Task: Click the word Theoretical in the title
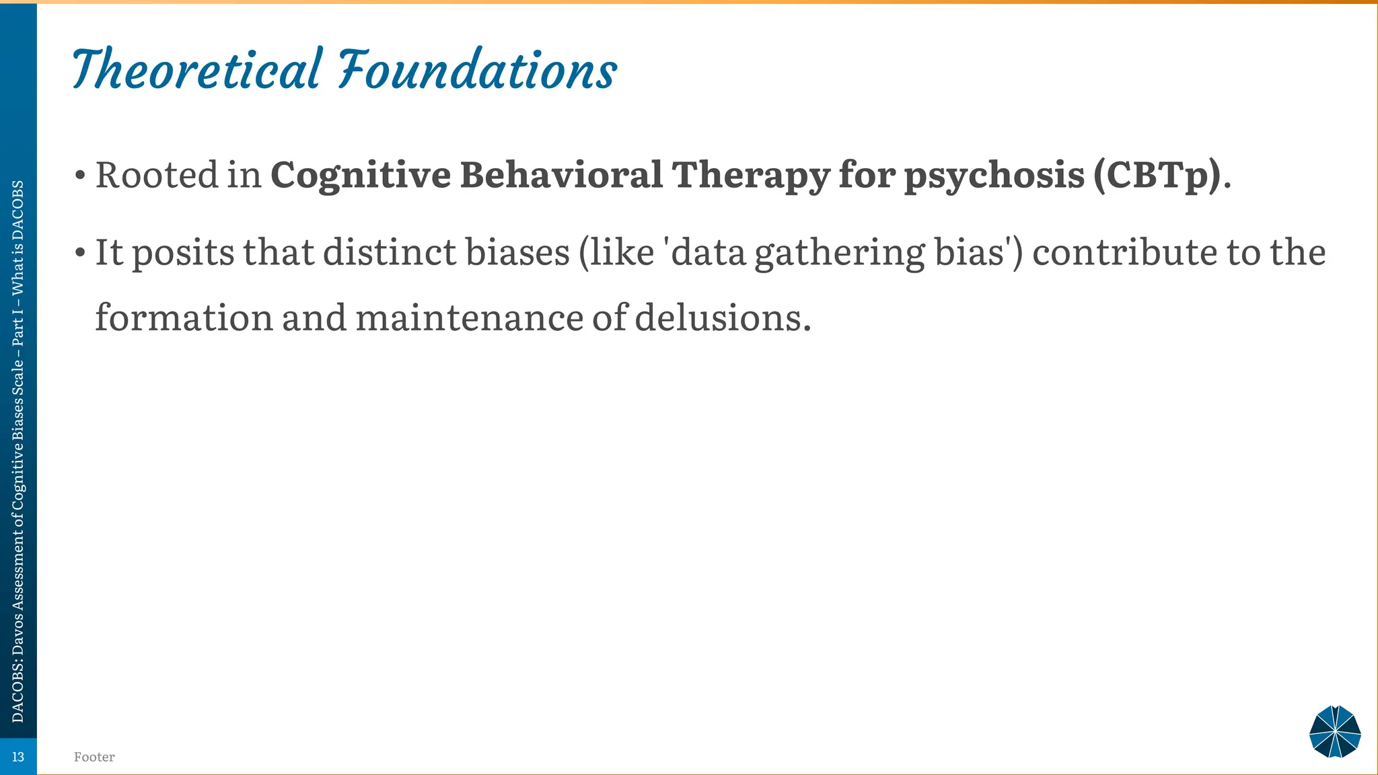pyautogui.click(x=196, y=70)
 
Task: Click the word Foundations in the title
pyautogui.click(x=477, y=70)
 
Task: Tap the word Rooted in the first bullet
pyautogui.click(x=157, y=175)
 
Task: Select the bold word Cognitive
pyautogui.click(x=361, y=176)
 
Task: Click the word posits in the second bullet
pyautogui.click(x=183, y=254)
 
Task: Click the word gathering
pyautogui.click(x=840, y=254)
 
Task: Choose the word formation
pyautogui.click(x=184, y=318)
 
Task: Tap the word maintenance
pyautogui.click(x=469, y=318)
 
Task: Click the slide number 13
pyautogui.click(x=18, y=757)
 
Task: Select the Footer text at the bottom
pyautogui.click(x=94, y=757)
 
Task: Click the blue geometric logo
pyautogui.click(x=1335, y=732)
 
